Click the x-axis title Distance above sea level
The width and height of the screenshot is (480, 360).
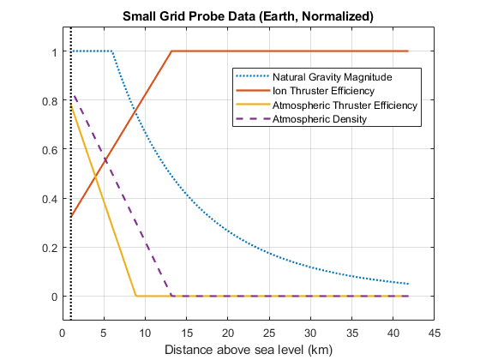(248, 350)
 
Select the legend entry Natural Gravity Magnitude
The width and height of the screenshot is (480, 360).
(331, 76)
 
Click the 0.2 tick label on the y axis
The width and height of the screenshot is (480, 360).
(49, 248)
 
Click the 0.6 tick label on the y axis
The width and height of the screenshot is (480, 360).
(49, 150)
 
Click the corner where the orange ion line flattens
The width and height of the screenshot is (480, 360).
(171, 51)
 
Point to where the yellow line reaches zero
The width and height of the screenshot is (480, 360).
(136, 296)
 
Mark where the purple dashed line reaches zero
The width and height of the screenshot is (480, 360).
(171, 296)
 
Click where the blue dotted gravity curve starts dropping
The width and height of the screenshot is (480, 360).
(112, 51)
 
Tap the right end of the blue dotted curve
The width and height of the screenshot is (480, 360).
(408, 284)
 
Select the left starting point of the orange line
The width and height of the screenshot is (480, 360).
(71, 217)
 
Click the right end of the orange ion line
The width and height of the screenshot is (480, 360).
(408, 51)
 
